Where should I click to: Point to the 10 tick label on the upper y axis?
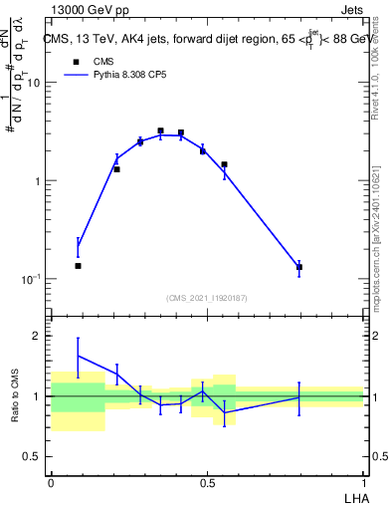33,83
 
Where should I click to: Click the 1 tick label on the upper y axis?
37,181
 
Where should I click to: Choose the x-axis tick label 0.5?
207,480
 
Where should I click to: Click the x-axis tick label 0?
51,480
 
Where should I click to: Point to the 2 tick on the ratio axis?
38,336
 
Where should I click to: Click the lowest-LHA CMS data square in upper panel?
78,266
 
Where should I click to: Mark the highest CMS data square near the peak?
160,130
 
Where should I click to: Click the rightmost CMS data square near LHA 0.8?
298,267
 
